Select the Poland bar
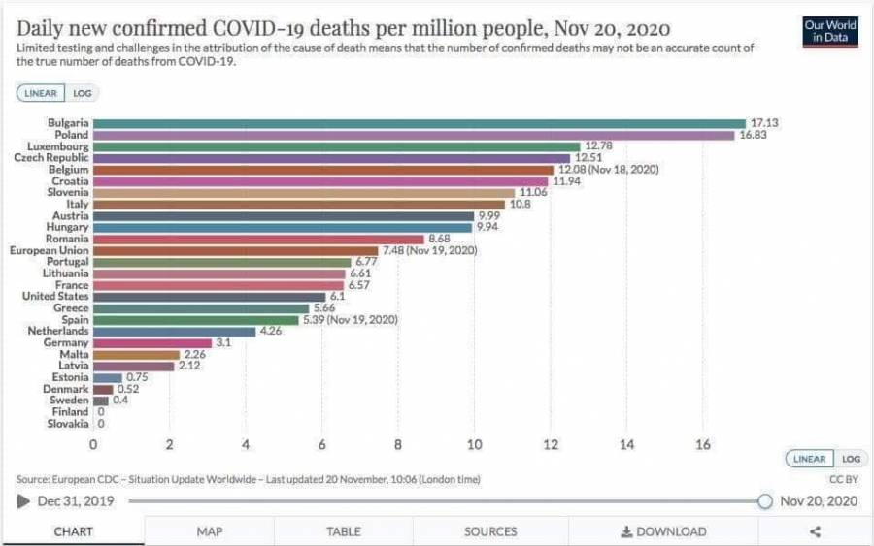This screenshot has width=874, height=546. pos(414,135)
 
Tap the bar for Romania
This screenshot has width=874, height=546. pos(258,239)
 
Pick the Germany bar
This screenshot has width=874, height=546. pos(152,342)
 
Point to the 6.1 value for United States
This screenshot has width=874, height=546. pos(338,297)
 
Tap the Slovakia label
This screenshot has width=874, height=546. pos(68,424)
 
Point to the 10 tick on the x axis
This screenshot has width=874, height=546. pos(475,445)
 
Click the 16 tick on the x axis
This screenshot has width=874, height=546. pos(703,445)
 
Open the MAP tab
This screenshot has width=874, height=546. pos(210,531)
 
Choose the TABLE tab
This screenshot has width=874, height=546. pos(344,531)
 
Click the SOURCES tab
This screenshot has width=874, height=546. pos(490,531)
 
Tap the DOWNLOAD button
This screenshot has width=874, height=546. pos(664,531)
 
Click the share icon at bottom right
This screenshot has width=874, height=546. pos(815,531)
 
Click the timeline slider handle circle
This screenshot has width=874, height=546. pos(764,501)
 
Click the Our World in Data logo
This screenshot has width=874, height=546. pos(830,31)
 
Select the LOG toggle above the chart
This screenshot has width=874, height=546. pos(82,94)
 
